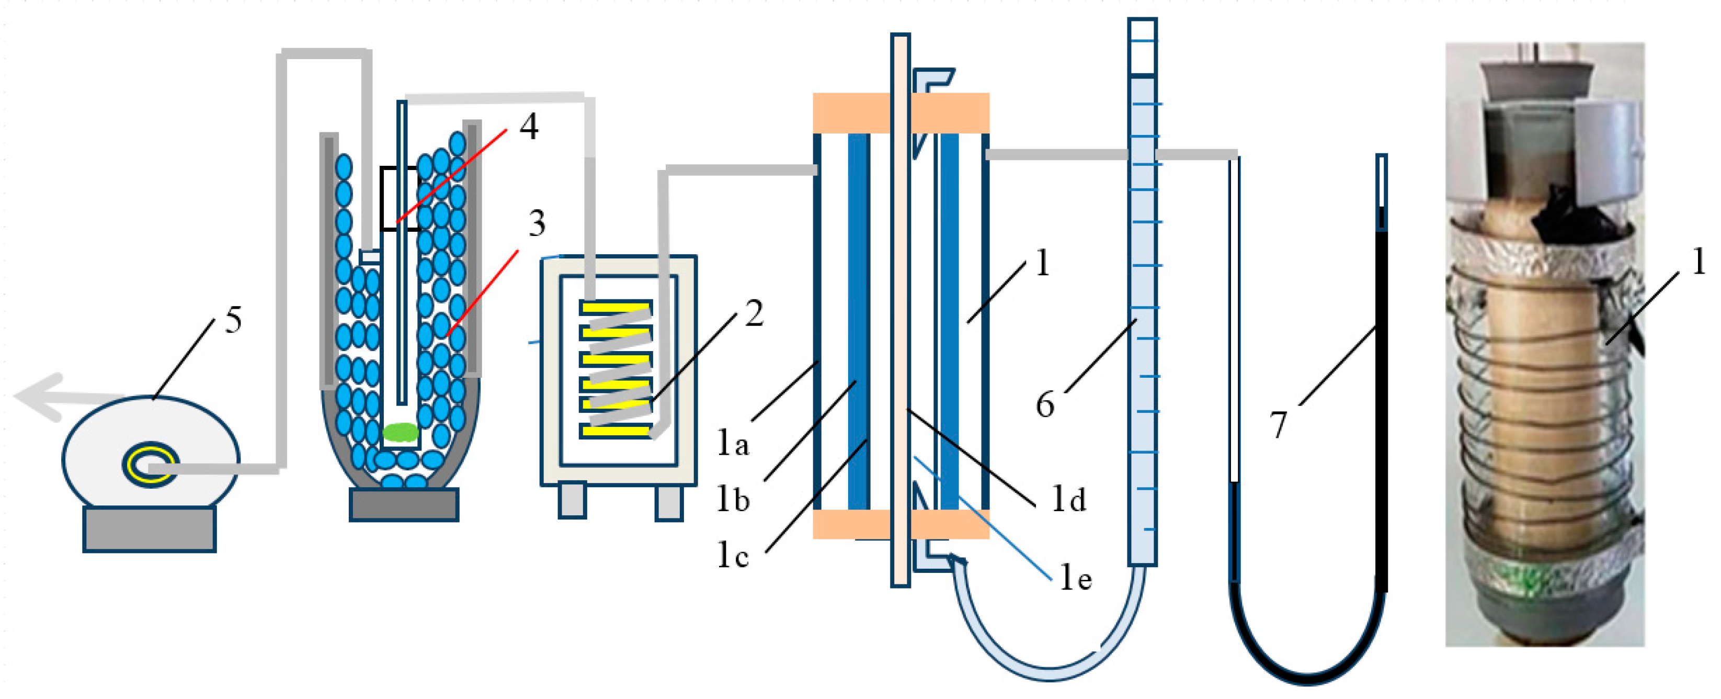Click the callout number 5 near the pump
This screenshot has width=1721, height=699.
tap(233, 320)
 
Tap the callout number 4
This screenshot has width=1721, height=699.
tap(529, 126)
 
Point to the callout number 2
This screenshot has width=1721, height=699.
tap(754, 313)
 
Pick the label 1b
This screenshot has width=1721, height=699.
tap(732, 499)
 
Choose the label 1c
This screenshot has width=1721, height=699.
tap(732, 555)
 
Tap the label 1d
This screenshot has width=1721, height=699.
tap(1068, 499)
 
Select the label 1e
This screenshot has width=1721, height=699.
tap(1076, 578)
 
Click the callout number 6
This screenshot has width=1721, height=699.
tap(1045, 405)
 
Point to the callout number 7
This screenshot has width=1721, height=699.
tap(1278, 425)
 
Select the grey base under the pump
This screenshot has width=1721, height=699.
tap(149, 529)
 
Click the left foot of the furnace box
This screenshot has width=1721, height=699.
tap(573, 501)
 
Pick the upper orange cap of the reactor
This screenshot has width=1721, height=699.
tap(901, 113)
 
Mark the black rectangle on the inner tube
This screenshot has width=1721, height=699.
tap(400, 198)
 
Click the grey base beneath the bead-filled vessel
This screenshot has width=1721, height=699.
tap(404, 504)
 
